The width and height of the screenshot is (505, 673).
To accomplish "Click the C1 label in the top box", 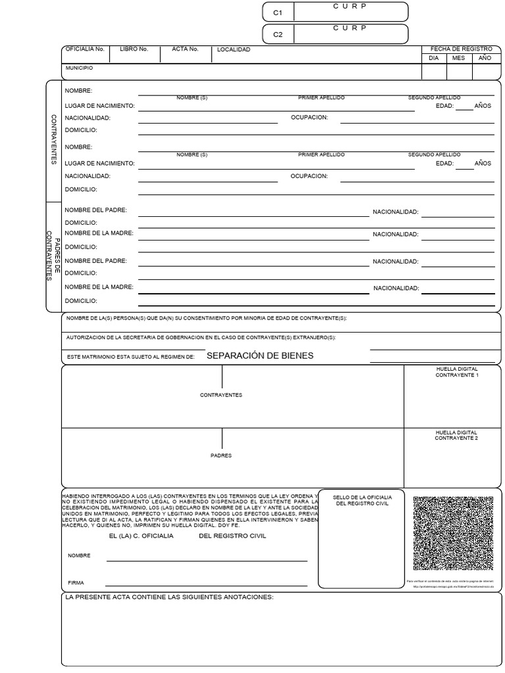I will pos(277,12).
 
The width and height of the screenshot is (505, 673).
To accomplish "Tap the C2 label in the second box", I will pos(277,35).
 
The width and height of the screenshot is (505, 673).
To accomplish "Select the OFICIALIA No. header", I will pos(85,49).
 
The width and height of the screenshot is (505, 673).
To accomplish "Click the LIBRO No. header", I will pos(134,49).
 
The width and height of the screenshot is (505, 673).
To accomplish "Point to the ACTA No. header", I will pos(185,49).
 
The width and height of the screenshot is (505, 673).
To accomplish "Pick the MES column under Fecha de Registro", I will pos(458,58).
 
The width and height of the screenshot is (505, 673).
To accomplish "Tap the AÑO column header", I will pos(485,58).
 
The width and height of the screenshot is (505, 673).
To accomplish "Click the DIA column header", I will pos(433,58).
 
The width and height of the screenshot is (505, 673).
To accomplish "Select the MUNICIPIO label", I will pos(79,68).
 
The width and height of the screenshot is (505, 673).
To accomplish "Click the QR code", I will pos(453,533).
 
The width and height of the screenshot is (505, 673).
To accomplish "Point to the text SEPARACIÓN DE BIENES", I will pos(260,356).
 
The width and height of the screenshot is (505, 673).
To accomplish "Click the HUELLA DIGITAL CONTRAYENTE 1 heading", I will pos(456,372).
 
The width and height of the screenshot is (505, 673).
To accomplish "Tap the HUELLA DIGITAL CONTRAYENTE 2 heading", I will pos(456,435).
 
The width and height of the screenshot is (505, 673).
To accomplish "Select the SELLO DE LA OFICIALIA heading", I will pos(362,501).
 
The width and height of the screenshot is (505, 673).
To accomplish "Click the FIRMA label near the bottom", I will pos(76,582).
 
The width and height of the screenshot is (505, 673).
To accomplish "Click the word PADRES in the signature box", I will pos(221,455).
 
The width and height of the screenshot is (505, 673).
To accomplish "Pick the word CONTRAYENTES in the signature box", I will pos(221,395).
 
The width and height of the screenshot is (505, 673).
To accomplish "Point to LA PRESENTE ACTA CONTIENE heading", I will pos(169,597).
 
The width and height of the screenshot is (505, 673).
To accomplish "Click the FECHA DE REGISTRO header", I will pos(461,49).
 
